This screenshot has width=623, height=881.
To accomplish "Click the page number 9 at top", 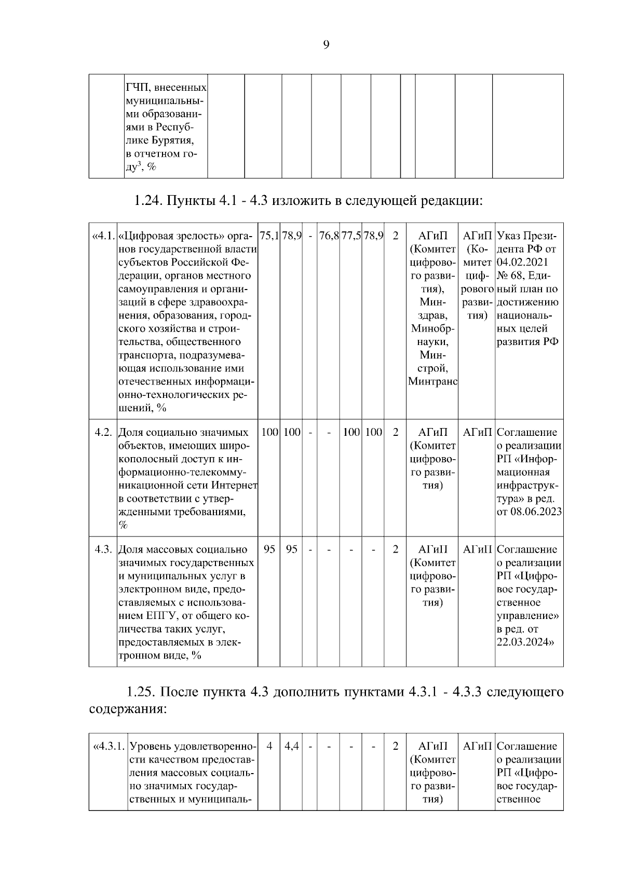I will click(x=326, y=45).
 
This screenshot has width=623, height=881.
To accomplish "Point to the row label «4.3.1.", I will click(x=109, y=747).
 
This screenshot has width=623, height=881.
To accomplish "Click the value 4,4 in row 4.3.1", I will click(x=292, y=747).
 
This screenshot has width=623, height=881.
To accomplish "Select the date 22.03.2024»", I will click(x=525, y=642).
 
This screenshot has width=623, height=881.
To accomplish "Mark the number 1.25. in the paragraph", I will click(x=141, y=692).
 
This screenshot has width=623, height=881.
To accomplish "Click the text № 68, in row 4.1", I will click(x=510, y=276).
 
